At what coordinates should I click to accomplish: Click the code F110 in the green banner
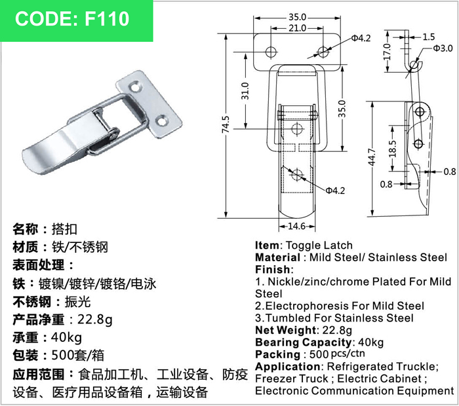click(107, 18)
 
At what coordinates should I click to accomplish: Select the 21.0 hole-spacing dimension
click(298, 28)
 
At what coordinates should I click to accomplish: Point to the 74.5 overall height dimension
click(226, 125)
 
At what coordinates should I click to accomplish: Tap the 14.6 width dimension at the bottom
click(297, 226)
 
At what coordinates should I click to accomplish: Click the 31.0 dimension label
click(245, 91)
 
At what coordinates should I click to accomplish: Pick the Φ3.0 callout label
click(443, 48)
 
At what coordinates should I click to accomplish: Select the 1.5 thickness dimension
click(429, 37)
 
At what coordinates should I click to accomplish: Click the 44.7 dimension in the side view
click(372, 157)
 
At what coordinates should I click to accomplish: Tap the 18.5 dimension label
click(393, 149)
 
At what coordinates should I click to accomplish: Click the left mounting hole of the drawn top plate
click(271, 52)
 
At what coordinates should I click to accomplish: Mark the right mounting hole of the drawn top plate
click(323, 52)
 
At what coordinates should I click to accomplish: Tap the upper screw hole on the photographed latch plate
click(136, 87)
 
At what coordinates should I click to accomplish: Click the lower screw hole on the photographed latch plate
click(161, 120)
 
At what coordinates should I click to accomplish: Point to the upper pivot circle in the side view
click(420, 111)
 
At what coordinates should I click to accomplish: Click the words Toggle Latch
click(319, 245)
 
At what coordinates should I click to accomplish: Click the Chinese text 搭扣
click(64, 229)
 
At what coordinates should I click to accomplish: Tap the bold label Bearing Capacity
click(304, 342)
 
